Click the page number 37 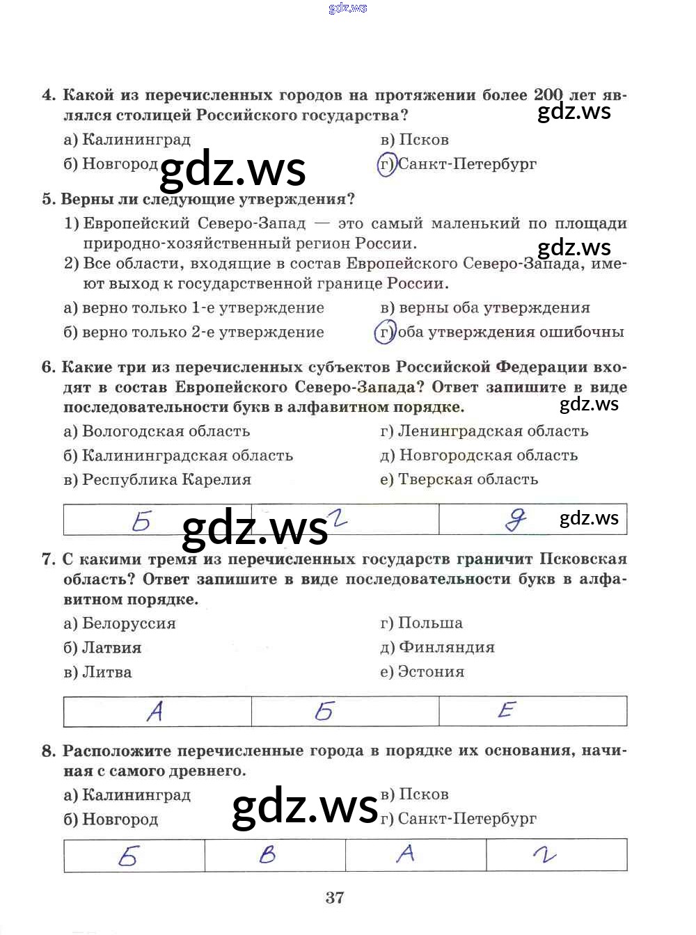[334, 897]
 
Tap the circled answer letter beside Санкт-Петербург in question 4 [386, 164]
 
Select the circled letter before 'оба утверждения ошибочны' [385, 332]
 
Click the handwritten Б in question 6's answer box [141, 520]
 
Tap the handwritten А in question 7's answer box [155, 711]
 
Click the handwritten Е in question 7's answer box [507, 710]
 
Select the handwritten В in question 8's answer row [268, 854]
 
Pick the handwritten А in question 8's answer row [405, 853]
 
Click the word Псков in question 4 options [424, 140]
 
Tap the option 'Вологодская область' [166, 431]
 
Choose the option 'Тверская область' [468, 479]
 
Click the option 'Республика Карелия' [166, 480]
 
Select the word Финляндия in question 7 [446, 648]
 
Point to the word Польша [430, 623]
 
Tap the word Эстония [431, 672]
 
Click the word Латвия [111, 648]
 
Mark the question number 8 [48, 751]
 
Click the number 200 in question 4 [548, 95]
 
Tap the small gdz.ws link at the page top [347, 8]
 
